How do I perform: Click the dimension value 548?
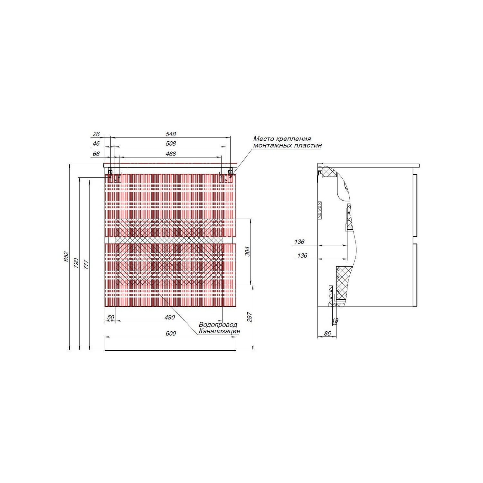pyautogui.click(x=171, y=134)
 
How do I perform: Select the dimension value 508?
pyautogui.click(x=171, y=144)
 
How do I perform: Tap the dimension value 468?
pyautogui.click(x=171, y=154)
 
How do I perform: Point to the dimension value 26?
pyautogui.click(x=96, y=134)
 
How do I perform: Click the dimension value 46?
pyautogui.click(x=96, y=144)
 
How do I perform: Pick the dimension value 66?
pyautogui.click(x=96, y=154)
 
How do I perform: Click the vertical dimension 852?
pyautogui.click(x=66, y=256)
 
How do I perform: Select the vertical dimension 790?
pyautogui.click(x=76, y=263)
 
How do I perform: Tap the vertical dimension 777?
pyautogui.click(x=86, y=264)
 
